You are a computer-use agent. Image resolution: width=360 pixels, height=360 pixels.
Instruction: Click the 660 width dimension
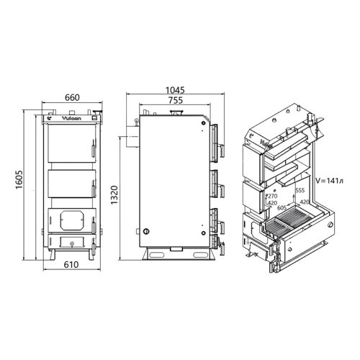coord(72,97)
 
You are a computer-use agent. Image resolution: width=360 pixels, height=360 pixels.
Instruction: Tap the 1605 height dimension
coord(19,180)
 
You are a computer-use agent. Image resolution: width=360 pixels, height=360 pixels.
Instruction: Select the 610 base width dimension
coord(71,264)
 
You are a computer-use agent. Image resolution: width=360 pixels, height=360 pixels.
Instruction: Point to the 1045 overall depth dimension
coord(175,90)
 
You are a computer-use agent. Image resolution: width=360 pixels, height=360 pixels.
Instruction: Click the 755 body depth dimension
coord(176,100)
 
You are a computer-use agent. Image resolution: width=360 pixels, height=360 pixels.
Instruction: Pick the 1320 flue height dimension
coord(114,195)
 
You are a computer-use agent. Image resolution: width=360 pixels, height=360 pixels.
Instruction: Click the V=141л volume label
coord(329,181)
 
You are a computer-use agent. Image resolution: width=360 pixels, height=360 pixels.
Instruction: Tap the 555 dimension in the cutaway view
coord(300,190)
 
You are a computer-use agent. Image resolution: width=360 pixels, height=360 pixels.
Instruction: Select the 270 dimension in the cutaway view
coord(272,196)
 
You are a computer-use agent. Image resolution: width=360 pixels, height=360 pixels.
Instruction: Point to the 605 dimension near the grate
coord(282,207)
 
